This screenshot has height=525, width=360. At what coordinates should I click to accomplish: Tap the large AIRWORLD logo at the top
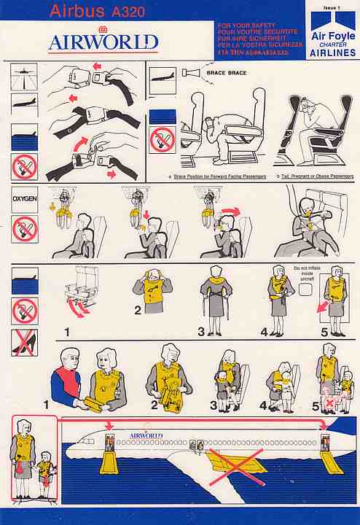click(103, 42)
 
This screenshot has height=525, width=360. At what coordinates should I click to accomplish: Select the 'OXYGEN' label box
click(24, 198)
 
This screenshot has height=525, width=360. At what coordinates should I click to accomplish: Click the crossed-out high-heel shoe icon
click(25, 342)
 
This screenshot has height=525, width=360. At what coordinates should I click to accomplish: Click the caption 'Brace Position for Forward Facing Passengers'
click(216, 176)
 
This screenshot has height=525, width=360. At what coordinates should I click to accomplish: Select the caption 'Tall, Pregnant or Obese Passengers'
click(316, 176)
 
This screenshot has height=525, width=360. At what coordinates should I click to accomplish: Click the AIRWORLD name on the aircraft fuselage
click(146, 435)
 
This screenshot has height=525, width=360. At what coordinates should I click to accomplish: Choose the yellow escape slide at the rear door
click(332, 458)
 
